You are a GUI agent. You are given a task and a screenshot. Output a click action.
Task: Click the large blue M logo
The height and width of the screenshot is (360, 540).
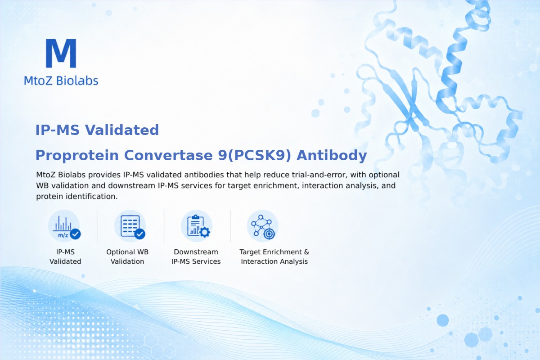(61, 53)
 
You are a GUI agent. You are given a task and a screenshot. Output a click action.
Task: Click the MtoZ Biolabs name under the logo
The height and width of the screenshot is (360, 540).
(61, 81)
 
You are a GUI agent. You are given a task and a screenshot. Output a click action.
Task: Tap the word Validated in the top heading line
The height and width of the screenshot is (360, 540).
(122, 130)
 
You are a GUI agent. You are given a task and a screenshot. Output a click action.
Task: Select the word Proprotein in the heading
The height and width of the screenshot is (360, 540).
(77, 155)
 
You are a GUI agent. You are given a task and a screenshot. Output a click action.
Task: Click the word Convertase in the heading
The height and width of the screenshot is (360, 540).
(168, 155)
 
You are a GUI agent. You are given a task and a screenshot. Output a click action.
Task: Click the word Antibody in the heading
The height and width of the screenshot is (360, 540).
(332, 155)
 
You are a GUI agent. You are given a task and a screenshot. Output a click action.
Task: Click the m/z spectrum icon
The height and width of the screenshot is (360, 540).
(64, 226)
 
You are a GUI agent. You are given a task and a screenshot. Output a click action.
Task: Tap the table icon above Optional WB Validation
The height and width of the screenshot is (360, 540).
(130, 226)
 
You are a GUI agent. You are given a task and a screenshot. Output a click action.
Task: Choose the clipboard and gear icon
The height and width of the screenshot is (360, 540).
(197, 226)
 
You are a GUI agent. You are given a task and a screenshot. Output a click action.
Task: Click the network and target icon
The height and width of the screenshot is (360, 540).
(263, 226)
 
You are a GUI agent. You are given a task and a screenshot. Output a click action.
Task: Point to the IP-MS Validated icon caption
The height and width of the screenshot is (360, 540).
(65, 256)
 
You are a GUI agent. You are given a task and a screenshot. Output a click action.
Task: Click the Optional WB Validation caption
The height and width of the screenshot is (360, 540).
(127, 256)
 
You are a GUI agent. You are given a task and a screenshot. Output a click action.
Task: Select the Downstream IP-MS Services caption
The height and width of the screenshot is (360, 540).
(196, 256)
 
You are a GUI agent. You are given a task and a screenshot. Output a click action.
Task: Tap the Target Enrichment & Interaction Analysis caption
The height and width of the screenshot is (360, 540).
(274, 256)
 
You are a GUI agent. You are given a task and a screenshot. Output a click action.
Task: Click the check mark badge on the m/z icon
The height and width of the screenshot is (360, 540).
(75, 234)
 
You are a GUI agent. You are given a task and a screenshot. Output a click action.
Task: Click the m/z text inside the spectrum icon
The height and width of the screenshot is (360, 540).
(63, 235)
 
